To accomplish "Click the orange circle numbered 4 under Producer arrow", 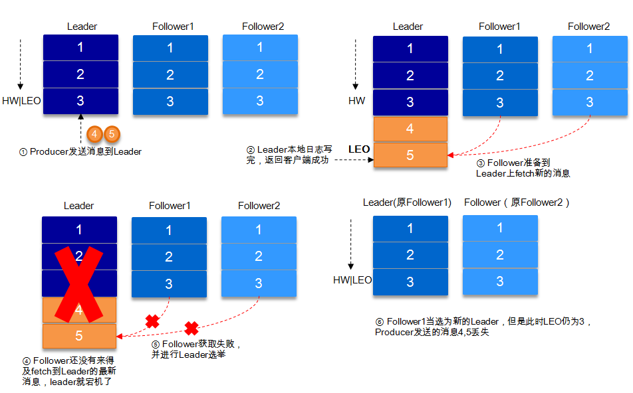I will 95,133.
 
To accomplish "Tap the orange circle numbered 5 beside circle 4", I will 111,133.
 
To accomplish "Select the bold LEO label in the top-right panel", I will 359,149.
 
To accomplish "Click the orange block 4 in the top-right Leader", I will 410,128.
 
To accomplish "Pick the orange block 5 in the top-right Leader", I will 410,154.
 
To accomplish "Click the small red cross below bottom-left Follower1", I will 152,321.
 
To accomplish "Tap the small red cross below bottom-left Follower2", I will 191,327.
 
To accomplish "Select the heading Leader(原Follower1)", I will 407,202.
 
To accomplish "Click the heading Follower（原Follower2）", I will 517,202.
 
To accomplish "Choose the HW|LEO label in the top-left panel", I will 21,102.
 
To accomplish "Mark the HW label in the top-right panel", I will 356,101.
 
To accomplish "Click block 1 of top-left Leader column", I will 80,47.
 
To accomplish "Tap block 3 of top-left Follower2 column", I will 260,101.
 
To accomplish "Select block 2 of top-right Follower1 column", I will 499,76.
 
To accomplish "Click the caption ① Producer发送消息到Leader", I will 80,152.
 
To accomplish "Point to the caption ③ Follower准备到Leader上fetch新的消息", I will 523,168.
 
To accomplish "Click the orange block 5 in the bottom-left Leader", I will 79,336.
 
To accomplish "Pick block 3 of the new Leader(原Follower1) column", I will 410,281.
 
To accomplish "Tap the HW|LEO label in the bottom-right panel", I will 352,280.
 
